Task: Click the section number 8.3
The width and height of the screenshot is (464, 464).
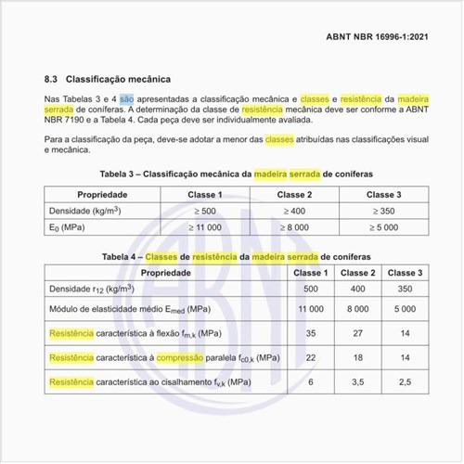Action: coord(54,80)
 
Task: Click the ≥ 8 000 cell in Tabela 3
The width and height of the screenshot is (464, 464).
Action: coord(294,227)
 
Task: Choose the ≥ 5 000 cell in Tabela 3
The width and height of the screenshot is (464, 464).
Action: coord(383,227)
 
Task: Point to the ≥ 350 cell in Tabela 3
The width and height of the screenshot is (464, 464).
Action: coord(383,212)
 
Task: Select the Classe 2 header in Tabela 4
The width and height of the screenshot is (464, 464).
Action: coord(357,273)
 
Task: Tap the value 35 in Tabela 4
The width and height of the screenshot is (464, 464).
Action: coord(311,332)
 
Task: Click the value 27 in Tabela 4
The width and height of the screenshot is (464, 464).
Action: coord(357,332)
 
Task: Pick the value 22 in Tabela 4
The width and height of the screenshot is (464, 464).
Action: coord(311,357)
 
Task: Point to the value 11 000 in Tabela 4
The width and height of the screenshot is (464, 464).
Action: coord(311,308)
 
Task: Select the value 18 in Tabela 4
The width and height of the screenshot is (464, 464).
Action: coord(357,357)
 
